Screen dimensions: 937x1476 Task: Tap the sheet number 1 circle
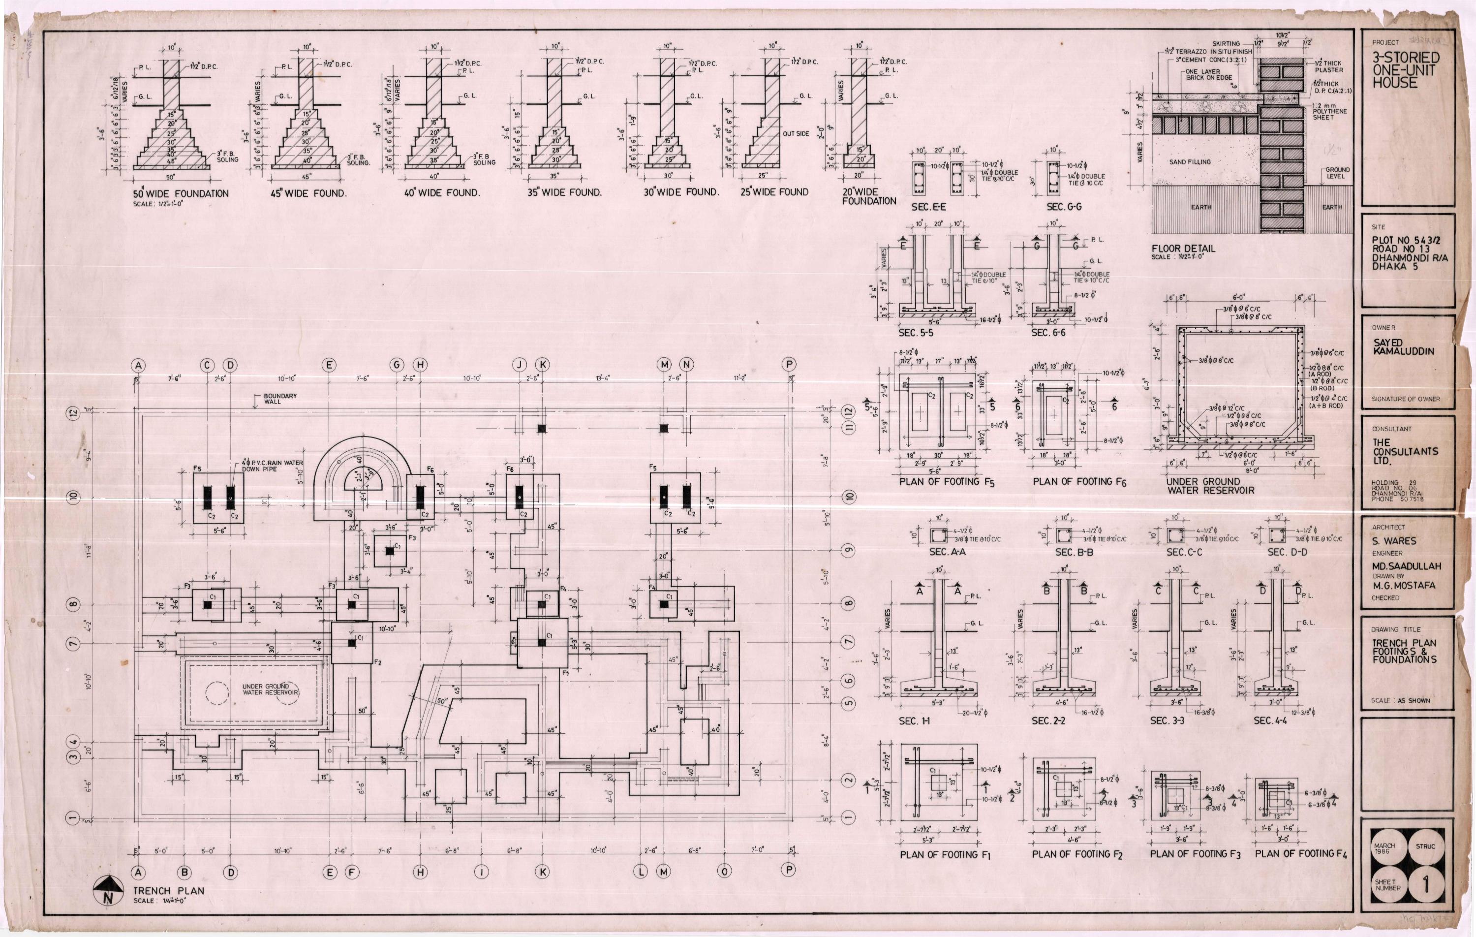(1426, 885)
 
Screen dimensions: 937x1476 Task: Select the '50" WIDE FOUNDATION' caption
(181, 194)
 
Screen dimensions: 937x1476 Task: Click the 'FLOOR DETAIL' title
(1182, 249)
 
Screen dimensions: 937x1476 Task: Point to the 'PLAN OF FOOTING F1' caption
(945, 854)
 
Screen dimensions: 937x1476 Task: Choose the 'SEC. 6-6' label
(1048, 332)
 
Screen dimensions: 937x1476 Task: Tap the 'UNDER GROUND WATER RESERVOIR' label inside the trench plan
(270, 689)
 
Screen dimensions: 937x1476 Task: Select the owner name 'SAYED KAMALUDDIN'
(1402, 347)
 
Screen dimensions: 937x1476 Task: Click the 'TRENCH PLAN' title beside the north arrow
(169, 890)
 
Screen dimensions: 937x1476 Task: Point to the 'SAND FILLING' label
(1190, 162)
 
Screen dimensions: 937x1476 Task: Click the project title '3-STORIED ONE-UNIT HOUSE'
(1404, 69)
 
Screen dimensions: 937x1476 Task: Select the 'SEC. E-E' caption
(928, 207)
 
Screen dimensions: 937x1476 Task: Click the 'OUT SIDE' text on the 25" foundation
(796, 134)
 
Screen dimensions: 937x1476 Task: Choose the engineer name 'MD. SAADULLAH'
(1406, 566)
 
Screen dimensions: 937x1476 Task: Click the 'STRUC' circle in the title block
(1425, 847)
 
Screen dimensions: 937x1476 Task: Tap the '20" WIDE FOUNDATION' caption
(868, 196)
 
